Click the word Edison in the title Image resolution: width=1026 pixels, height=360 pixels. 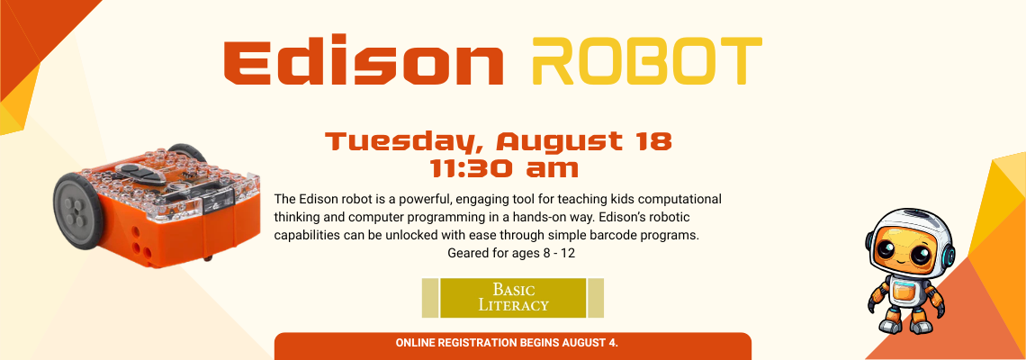[364, 61]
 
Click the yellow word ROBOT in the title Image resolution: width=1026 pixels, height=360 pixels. [647, 61]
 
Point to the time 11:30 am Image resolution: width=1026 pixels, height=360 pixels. [505, 168]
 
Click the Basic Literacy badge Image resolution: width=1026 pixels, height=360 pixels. [512, 298]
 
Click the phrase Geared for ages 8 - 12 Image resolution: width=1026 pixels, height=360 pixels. [511, 253]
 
